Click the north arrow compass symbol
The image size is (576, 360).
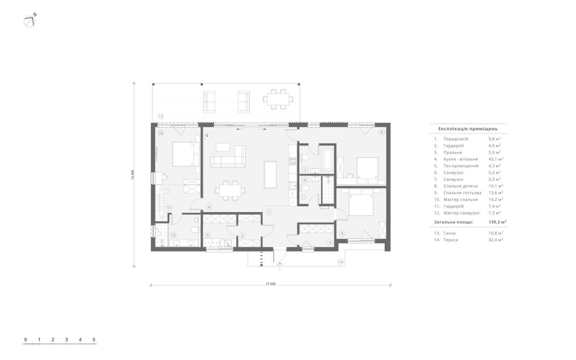pos(30,21)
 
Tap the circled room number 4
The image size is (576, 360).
pos(209,207)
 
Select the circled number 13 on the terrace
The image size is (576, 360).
pos(161,116)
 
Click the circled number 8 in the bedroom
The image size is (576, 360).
pos(382,132)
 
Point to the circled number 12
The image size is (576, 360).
pos(173,235)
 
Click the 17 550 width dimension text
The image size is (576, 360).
pos(270,284)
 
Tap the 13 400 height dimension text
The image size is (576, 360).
pos(133,175)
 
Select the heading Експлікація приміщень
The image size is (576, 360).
pos(468,129)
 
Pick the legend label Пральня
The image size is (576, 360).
pos(453,153)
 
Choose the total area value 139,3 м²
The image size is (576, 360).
pos(497,222)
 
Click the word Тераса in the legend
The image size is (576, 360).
pos(450,240)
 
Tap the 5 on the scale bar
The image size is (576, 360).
pos(94,339)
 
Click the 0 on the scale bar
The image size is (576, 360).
pos(26,339)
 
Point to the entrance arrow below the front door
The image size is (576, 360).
pos(279,266)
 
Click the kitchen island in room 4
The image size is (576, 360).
pos(270,175)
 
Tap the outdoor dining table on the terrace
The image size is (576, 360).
pos(278,99)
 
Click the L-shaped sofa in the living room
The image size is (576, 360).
pos(228,157)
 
